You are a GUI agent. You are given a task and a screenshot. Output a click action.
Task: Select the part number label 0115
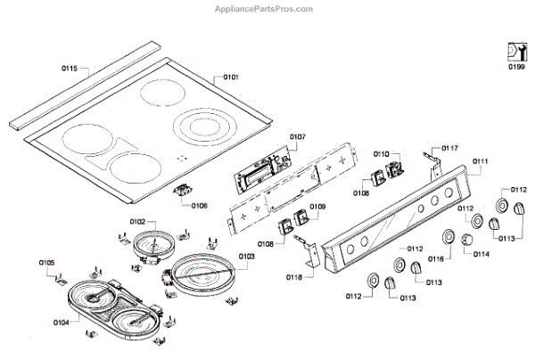[x=70, y=68]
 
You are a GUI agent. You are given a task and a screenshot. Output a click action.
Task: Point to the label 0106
[x=198, y=205]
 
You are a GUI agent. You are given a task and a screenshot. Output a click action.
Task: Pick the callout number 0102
[x=137, y=221]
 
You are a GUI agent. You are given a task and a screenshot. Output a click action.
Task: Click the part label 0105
[x=46, y=262]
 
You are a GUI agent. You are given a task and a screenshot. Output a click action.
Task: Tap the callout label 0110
[x=381, y=154]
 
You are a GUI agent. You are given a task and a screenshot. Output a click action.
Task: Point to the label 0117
[x=449, y=147]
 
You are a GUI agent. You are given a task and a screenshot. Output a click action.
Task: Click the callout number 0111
[x=481, y=161]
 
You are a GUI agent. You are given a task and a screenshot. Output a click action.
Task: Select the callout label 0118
[x=295, y=277]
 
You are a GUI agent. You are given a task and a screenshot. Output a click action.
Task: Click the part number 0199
[x=516, y=68]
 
